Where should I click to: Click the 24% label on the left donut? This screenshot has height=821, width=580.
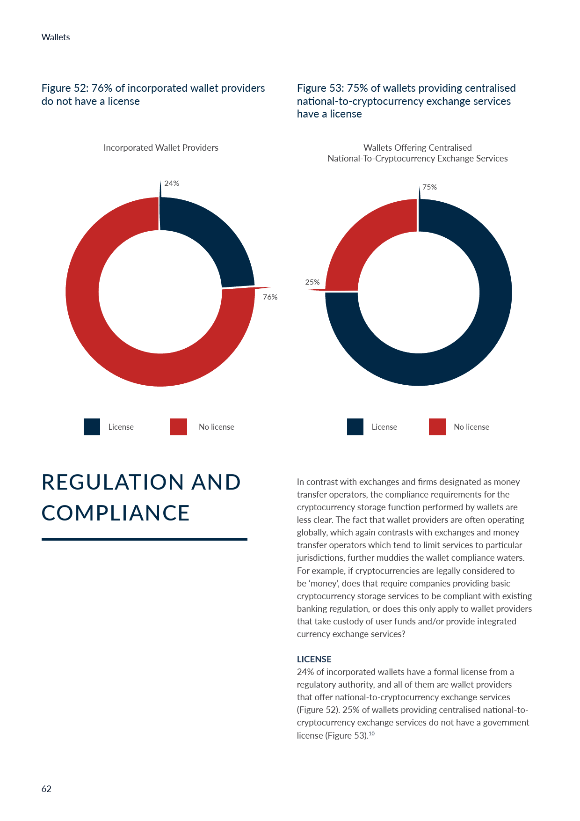click(172, 183)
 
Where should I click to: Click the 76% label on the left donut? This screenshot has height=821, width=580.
click(270, 297)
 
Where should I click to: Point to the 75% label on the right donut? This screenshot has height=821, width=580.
click(429, 187)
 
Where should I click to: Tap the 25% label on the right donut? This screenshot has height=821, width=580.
click(312, 282)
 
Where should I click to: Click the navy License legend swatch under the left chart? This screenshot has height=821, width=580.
click(92, 427)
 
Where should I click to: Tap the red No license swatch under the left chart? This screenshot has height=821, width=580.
click(179, 427)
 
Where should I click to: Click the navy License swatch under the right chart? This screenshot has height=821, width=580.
click(355, 427)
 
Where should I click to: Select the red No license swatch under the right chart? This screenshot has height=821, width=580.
click(437, 427)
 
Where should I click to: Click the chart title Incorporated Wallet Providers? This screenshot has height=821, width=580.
click(161, 148)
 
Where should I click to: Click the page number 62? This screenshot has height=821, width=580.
click(46, 789)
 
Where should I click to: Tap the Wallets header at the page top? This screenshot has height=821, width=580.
click(56, 37)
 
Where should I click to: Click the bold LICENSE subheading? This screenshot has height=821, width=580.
click(314, 659)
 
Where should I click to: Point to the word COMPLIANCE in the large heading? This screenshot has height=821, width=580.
click(116, 513)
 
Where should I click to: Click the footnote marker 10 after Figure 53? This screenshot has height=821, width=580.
click(371, 733)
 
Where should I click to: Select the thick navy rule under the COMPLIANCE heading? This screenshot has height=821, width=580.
click(144, 539)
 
